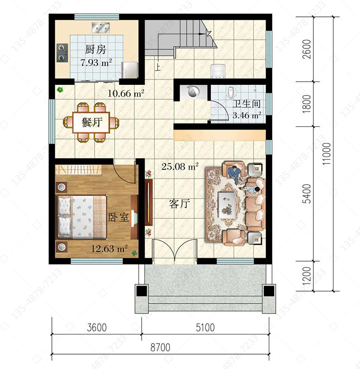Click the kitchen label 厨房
pos(96,49)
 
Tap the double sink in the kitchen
pos(100,27)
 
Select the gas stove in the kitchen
pos(62,53)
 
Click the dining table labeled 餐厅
pos(91,122)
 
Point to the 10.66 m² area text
pos(126,94)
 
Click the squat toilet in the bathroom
pos(230,92)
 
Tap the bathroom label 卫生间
pos(246,104)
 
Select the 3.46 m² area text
pos(247,115)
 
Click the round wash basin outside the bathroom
pos(193,91)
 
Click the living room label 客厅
pos(180,204)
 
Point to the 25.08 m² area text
pos(180,167)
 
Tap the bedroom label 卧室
pos(119,217)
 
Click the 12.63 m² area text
pos(109,249)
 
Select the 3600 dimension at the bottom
pos(97,328)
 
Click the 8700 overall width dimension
pos(160,347)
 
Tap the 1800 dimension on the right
pos(307,104)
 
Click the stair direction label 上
pos(157,67)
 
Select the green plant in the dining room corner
pos(60,89)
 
